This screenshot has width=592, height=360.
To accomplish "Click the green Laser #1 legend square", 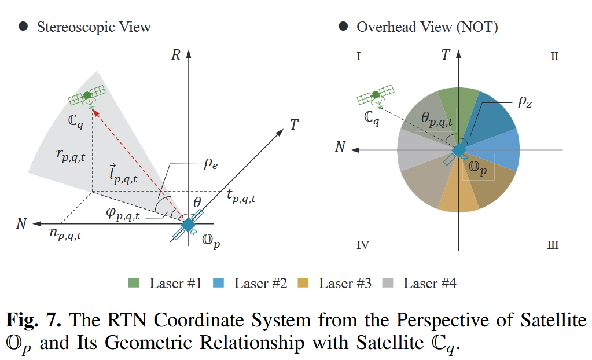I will pyautogui.click(x=134, y=284).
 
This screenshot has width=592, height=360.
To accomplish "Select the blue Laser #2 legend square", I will pyautogui.click(x=218, y=284).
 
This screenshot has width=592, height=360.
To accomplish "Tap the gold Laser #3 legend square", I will pyautogui.click(x=303, y=284).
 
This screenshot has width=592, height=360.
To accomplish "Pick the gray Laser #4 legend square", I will pyautogui.click(x=388, y=284).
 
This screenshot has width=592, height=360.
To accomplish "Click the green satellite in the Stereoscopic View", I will pyautogui.click(x=87, y=96).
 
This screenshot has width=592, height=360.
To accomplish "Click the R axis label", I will pyautogui.click(x=177, y=56).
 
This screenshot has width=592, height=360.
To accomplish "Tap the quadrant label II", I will pyautogui.click(x=554, y=57).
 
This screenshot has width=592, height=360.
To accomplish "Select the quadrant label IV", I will pyautogui.click(x=363, y=245).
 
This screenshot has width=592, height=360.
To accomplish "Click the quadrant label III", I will pyautogui.click(x=553, y=245).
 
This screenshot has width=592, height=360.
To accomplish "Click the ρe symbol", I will pyautogui.click(x=210, y=164).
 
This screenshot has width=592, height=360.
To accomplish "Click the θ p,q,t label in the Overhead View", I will pyautogui.click(x=436, y=119).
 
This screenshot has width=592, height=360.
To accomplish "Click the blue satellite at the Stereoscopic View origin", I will pyautogui.click(x=188, y=225).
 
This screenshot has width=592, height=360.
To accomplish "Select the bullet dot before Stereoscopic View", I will pyautogui.click(x=23, y=26).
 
